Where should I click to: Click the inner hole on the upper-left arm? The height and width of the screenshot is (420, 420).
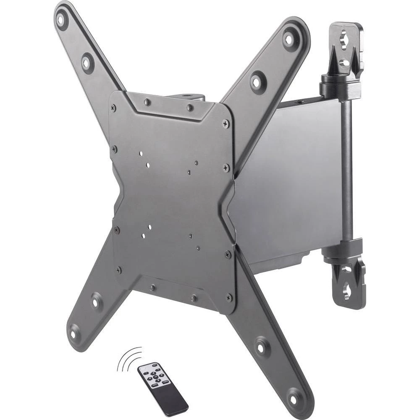[x=87, y=63]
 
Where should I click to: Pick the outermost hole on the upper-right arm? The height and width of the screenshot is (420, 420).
[x=289, y=39]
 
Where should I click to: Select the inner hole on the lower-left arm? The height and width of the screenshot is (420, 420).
[x=97, y=301]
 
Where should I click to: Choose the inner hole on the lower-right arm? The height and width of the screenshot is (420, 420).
[x=261, y=347]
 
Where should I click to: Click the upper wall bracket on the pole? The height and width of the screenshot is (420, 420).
[x=345, y=46]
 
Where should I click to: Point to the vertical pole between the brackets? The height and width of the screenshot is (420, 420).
[x=347, y=168]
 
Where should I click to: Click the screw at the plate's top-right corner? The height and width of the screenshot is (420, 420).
[x=226, y=124]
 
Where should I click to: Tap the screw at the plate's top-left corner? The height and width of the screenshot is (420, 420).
[x=114, y=108]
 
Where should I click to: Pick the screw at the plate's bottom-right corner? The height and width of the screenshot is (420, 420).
[x=229, y=297]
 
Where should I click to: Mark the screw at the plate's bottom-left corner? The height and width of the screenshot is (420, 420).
[x=119, y=270]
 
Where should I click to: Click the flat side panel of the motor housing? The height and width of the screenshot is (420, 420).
[x=290, y=176]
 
